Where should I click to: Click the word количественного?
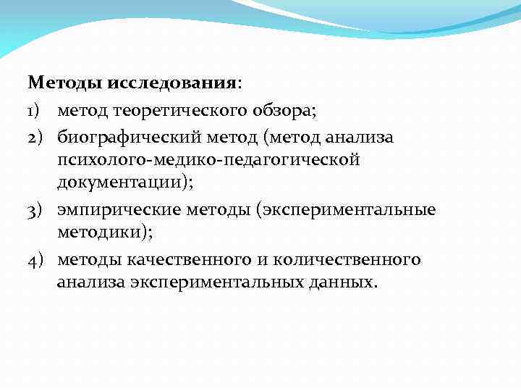click(x=351, y=258)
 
